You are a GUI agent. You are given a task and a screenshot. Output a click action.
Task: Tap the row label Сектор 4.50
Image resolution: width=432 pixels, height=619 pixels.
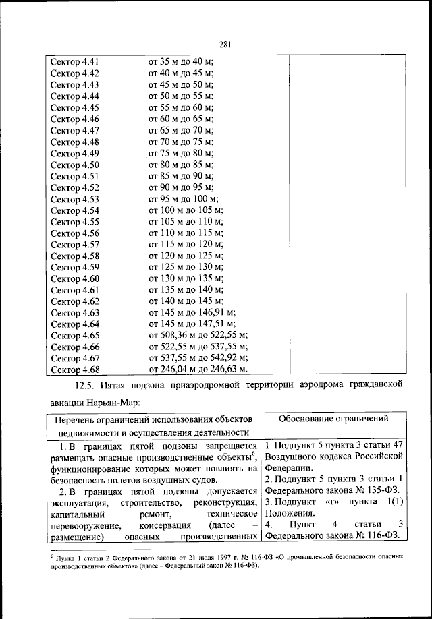[x=75, y=165]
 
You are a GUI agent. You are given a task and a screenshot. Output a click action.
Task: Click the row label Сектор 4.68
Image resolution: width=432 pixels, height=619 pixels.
[x=75, y=370]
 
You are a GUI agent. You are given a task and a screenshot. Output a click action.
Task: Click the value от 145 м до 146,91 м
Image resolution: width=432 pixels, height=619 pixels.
[x=192, y=313]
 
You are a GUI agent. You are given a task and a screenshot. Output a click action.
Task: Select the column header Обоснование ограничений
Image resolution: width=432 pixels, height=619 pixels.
[x=333, y=419]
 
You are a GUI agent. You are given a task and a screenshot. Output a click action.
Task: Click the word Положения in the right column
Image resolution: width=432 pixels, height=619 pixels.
[x=290, y=514]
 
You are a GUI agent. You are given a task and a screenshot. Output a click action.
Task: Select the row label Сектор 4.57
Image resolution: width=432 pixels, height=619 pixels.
[x=75, y=244]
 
